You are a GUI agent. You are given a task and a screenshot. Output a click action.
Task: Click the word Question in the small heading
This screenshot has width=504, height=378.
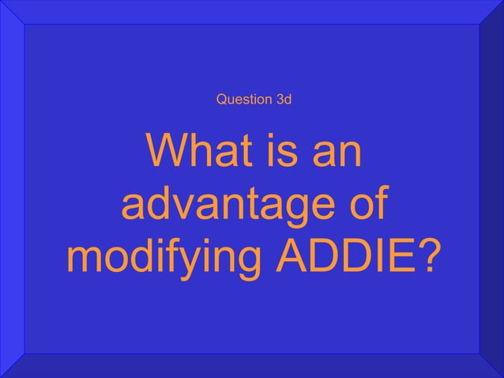tap(240, 100)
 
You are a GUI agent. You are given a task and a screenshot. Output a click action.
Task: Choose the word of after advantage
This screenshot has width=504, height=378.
tap(364, 206)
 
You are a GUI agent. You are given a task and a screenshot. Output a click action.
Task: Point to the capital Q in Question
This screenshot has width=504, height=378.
tap(220, 100)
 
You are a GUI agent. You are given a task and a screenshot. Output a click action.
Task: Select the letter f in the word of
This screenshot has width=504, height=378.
tap(380, 204)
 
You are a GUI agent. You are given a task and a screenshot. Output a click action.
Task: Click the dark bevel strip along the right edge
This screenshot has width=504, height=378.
tap(491, 189)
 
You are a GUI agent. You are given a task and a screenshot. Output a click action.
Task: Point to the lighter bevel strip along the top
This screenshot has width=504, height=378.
tap(252, 12)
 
